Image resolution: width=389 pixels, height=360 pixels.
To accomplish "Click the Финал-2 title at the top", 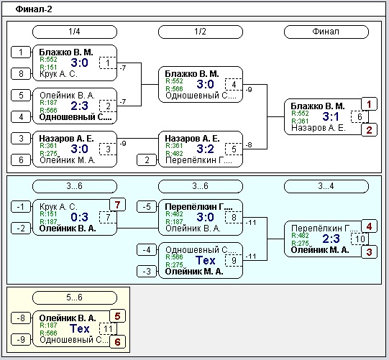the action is tap(34, 9).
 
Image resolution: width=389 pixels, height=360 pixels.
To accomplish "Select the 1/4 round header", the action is tap(75, 32).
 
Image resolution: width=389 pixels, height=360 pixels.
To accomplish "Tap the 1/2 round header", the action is tap(200, 32).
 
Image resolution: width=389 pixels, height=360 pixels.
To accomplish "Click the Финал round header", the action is tap(326, 32).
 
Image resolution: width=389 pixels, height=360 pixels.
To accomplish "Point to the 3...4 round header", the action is tap(326, 186).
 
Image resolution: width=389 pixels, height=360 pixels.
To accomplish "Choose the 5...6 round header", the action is tap(75, 297).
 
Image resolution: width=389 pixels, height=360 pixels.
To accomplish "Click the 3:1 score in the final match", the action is tap(331, 116).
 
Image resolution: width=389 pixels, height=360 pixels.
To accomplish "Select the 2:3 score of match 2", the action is tap(79, 106).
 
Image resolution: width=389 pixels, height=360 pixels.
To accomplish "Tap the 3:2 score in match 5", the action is tap(205, 149).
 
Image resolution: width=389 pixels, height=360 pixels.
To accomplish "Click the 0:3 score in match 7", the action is tap(79, 217).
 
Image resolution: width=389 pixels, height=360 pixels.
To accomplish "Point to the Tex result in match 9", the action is tap(206, 260).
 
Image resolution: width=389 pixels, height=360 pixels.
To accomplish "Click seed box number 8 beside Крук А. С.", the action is tap(21, 73).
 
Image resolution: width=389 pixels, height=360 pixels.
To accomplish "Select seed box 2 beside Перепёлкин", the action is tap(147, 160).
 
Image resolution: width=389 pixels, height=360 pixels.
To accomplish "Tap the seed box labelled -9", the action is tap(21, 339).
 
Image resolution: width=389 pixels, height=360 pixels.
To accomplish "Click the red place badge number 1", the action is tap(369, 104).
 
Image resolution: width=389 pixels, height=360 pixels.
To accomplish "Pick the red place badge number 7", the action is tap(117, 205).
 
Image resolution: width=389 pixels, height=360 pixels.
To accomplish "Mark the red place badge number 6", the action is tap(117, 342).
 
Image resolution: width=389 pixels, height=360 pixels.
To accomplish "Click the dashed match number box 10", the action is tap(360, 239).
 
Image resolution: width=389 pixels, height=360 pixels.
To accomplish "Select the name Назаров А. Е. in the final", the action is tap(319, 128).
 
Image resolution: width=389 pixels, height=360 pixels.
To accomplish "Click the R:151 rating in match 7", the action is tap(48, 214).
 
